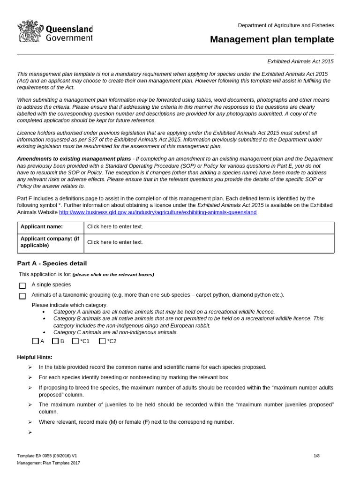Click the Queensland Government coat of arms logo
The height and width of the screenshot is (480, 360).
30,32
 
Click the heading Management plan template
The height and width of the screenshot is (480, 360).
272,39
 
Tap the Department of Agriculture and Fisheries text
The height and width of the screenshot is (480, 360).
286,25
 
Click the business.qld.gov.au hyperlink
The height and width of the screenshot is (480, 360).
157,212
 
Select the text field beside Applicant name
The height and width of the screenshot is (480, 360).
209,227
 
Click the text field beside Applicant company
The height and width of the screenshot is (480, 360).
209,242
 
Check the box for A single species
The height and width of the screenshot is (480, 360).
22,285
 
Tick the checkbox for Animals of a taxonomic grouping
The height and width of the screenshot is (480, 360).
22,296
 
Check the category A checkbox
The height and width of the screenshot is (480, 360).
36,341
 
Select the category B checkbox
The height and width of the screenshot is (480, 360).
55,341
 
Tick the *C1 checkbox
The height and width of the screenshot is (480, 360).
75,341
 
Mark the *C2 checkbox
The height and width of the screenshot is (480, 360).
102,341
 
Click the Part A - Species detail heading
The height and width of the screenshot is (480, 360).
52,263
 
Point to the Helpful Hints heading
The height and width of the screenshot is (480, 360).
35,357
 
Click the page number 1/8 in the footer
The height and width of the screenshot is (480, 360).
316,456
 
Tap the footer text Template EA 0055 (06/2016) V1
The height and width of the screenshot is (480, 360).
47,456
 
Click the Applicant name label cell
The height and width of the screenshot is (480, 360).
50,227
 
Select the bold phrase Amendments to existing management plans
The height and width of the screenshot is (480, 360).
74,159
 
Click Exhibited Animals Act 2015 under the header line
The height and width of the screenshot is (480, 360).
300,61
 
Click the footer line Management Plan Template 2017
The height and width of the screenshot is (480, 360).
48,463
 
